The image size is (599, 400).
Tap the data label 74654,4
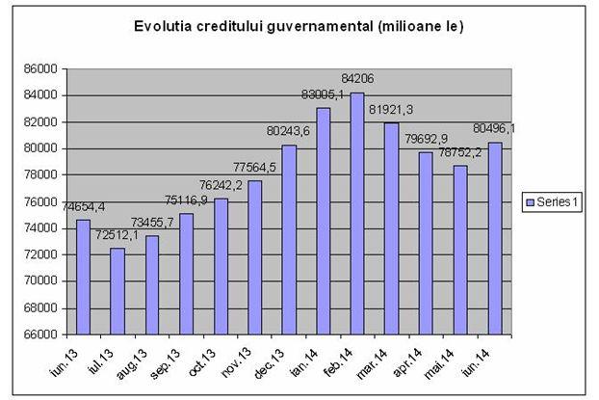pyautogui.click(x=83, y=206)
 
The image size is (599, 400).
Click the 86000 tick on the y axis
pyautogui.click(x=41, y=68)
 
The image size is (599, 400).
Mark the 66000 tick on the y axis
pyautogui.click(x=41, y=333)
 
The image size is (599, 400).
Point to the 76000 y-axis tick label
pyautogui.click(x=41, y=201)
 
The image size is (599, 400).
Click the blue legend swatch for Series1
pyautogui.click(x=529, y=201)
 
